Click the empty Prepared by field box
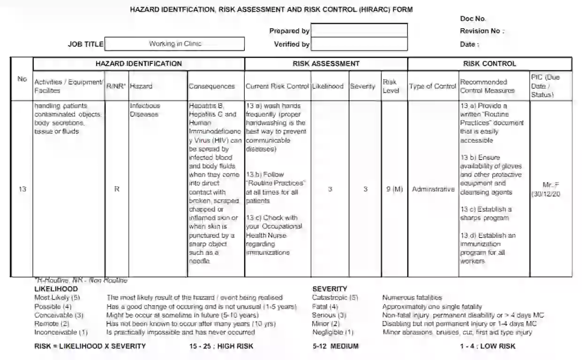[359, 31]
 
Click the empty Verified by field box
[359, 44]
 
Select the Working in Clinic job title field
[174, 44]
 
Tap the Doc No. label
[473, 19]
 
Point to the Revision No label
[482, 31]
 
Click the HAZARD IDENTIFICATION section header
[138, 64]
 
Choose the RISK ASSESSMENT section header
[326, 64]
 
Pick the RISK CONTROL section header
[489, 64]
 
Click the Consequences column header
[212, 86]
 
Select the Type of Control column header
[432, 86]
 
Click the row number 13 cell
[22, 189]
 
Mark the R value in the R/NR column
[117, 189]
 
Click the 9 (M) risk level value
[391, 189]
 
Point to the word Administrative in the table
[433, 189]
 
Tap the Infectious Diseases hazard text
[144, 110]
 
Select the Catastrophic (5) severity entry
[335, 298]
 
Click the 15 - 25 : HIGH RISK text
[221, 346]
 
